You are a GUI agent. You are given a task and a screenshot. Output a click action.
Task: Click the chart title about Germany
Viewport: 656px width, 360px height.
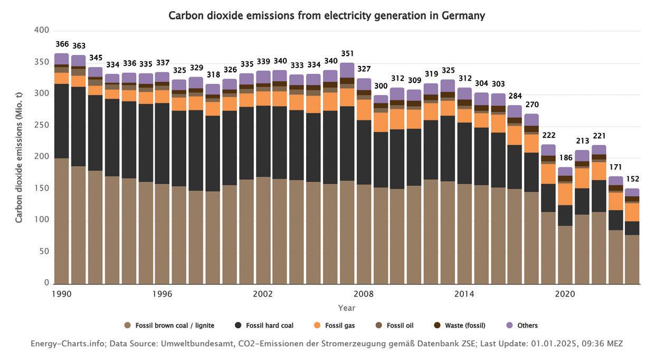point(327,16)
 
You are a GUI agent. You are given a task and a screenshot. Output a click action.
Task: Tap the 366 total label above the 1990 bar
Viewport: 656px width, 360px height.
point(62,44)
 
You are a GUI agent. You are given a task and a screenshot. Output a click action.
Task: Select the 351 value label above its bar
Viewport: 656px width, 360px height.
point(347,54)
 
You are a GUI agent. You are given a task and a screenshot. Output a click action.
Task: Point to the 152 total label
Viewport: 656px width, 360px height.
point(632,179)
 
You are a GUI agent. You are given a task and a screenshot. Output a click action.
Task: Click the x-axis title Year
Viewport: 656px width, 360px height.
point(347,308)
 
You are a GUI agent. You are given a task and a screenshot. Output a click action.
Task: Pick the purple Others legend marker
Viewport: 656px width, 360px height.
point(509,326)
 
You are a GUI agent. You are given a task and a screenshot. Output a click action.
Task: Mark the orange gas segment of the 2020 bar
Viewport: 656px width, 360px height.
point(565,194)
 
